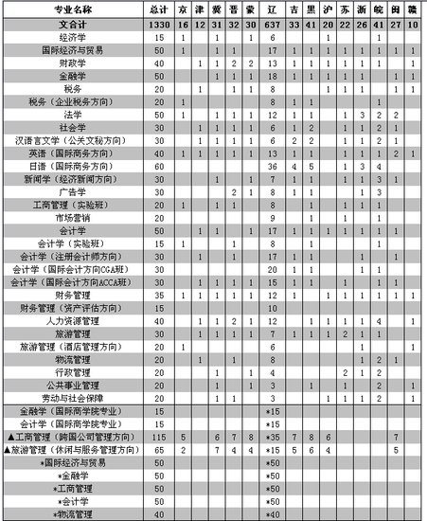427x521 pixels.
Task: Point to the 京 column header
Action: [183, 8]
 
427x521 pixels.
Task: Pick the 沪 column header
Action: [327, 8]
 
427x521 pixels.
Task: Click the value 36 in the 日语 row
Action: [272, 166]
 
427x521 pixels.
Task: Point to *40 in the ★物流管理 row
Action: [274, 514]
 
